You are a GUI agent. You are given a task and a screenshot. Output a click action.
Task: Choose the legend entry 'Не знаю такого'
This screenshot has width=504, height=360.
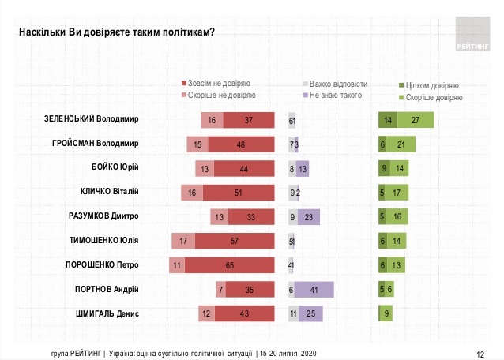pos(332,96)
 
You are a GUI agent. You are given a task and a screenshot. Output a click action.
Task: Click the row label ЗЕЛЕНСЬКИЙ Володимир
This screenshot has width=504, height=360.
pos(92,120)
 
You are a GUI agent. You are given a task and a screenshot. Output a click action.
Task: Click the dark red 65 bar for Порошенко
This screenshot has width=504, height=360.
pos(228,265)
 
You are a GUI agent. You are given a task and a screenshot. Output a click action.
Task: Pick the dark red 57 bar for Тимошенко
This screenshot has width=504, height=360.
pos(235,242)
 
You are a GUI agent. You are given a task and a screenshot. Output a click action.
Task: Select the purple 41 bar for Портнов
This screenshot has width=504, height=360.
pos(314,290)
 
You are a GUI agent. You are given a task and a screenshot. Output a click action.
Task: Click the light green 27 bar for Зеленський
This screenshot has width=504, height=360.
pos(416,120)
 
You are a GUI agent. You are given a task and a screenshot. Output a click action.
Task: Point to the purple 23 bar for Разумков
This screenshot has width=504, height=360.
pos(309,217)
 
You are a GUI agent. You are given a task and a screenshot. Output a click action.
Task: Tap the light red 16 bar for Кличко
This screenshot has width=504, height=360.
pos(190,193)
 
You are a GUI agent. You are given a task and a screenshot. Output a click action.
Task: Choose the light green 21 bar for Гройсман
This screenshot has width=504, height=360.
pos(401,144)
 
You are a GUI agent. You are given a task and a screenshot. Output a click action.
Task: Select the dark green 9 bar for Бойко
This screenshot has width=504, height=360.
pos(384,169)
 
